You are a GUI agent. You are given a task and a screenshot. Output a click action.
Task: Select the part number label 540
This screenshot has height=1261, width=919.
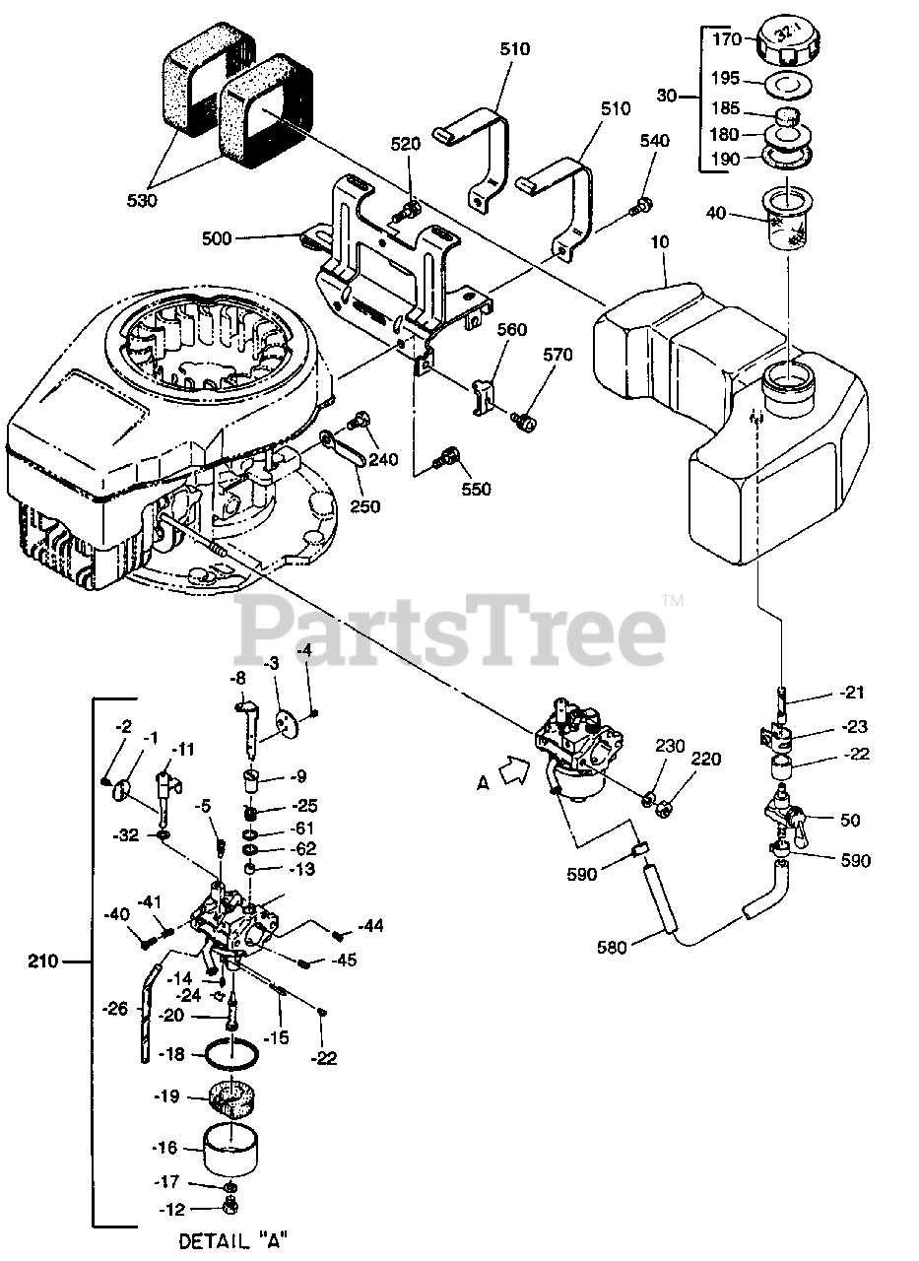pyautogui.click(x=654, y=142)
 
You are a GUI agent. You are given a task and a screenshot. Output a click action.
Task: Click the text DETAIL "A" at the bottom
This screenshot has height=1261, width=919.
pyautogui.click(x=234, y=1239)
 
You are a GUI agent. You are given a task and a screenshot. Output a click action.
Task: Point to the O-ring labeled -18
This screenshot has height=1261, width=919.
pyautogui.click(x=233, y=1055)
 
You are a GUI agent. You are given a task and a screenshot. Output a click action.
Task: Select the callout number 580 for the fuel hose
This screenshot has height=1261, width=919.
pyautogui.click(x=614, y=949)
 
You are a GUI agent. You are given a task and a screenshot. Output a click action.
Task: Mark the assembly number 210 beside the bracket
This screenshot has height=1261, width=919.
pyautogui.click(x=43, y=959)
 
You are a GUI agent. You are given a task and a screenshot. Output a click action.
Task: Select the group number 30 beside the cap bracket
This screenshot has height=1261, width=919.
pyautogui.click(x=667, y=97)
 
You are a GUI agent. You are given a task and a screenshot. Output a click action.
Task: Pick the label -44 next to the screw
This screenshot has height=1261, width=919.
pyautogui.click(x=370, y=926)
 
